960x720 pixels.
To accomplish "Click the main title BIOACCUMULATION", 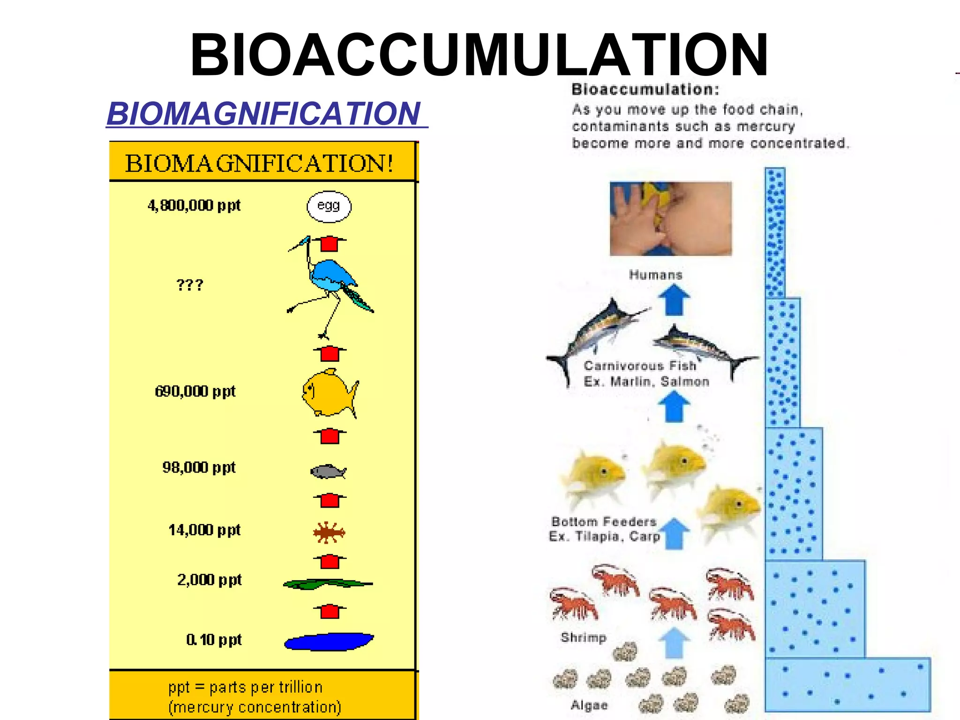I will click(479, 55).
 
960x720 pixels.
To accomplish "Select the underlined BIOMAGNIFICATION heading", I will click(264, 114).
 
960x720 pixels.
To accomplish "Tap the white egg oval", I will click(329, 206).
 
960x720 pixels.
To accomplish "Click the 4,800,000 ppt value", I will click(194, 205).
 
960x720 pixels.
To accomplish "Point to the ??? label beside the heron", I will click(190, 285).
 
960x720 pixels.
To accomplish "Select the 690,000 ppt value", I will click(195, 391).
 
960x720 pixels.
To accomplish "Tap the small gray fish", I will click(328, 471).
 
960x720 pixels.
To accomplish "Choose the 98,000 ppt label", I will click(199, 467).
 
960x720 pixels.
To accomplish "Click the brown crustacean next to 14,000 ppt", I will click(329, 532).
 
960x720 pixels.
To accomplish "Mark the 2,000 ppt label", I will click(209, 580).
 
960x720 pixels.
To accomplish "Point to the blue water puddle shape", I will click(329, 642).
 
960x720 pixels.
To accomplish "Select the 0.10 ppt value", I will click(214, 640).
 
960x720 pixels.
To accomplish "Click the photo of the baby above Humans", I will click(670, 218).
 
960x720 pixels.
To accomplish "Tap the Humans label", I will click(655, 275).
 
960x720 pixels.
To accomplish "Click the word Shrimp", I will click(584, 637).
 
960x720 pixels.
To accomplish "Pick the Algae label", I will click(589, 705).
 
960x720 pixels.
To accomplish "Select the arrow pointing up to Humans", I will click(674, 301).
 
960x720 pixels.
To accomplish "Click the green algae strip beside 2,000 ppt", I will click(327, 584).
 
